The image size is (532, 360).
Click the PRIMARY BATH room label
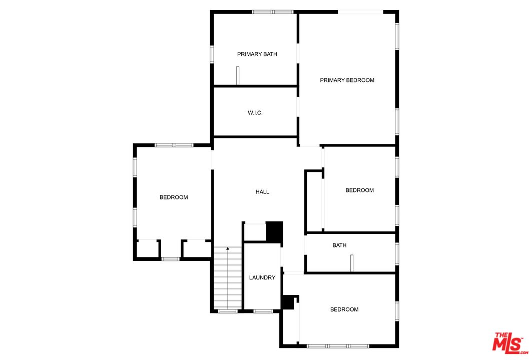[x=257, y=54]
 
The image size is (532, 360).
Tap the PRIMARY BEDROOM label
[x=347, y=80]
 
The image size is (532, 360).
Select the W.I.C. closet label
[x=255, y=113]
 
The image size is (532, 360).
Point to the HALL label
[x=262, y=191]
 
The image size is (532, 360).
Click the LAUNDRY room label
[x=262, y=277]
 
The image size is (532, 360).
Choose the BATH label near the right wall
[x=339, y=245]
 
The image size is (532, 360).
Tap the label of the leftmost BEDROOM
[x=174, y=197]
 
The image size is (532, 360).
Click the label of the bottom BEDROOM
[x=344, y=309]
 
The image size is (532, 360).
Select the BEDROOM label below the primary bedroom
[x=359, y=190]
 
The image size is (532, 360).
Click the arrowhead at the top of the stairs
[x=228, y=248]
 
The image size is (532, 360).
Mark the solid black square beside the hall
[x=274, y=231]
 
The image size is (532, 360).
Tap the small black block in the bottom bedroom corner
[x=287, y=302]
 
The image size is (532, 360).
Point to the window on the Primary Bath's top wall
[x=272, y=11]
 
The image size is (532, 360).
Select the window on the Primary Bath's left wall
[x=212, y=53]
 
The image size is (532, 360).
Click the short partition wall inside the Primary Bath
[x=238, y=75]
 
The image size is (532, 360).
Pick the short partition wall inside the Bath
[x=352, y=263]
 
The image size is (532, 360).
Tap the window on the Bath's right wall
[x=397, y=253]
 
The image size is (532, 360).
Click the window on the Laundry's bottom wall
[x=263, y=311]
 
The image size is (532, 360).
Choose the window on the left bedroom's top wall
[x=174, y=145]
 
